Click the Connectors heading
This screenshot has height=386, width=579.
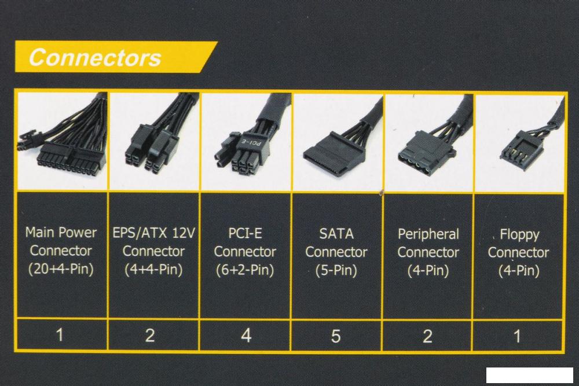95,58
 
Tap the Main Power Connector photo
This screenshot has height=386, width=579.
61,142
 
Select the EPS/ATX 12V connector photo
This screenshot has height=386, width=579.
153,142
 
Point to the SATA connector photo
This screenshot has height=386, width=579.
336,142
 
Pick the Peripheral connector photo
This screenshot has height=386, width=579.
428,142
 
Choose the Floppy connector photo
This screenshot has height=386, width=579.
518,142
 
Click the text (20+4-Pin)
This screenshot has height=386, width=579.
61,270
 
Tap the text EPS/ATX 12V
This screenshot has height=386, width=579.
154,234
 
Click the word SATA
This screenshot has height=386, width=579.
336,234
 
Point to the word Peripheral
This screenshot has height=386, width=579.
428,234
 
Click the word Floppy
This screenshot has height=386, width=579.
519,235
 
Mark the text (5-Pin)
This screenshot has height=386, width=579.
336,270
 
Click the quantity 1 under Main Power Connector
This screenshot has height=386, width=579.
60,335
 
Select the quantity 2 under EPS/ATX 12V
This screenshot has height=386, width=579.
150,336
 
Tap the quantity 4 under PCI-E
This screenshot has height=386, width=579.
246,336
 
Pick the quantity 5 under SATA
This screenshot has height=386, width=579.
336,336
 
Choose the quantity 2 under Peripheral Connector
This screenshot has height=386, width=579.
427,336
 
